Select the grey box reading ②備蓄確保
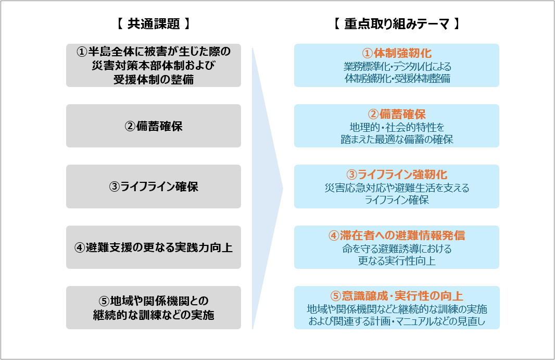153,126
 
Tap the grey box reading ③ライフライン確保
153,187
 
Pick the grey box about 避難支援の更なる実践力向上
153,247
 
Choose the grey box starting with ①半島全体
153,65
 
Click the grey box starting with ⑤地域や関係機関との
153,307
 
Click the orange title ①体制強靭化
397,53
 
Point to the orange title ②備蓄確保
397,114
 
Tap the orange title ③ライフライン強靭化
397,175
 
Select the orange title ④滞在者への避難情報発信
397,235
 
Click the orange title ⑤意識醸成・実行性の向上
397,296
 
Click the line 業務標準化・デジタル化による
397,67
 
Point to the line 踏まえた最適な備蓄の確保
397,139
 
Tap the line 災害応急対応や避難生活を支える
397,188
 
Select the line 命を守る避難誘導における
397,249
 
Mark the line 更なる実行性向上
397,260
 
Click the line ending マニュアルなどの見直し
397,321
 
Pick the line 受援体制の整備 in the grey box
153,79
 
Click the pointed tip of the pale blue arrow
282,188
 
